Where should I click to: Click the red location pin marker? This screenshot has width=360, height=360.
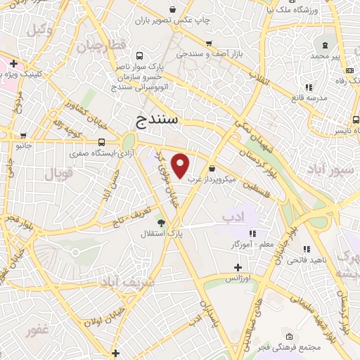pyautogui.click(x=181, y=165)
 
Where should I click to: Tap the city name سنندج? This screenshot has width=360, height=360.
pyautogui.click(x=156, y=121)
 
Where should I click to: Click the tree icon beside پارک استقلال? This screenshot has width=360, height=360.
pyautogui.click(x=161, y=222)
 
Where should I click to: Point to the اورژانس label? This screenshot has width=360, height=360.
pyautogui.click(x=239, y=278)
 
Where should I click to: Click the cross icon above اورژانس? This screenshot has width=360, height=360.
pyautogui.click(x=238, y=267)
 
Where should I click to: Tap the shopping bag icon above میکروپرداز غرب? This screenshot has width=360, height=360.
pyautogui.click(x=212, y=168)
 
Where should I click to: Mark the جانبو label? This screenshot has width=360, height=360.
pyautogui.click(x=25, y=146)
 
